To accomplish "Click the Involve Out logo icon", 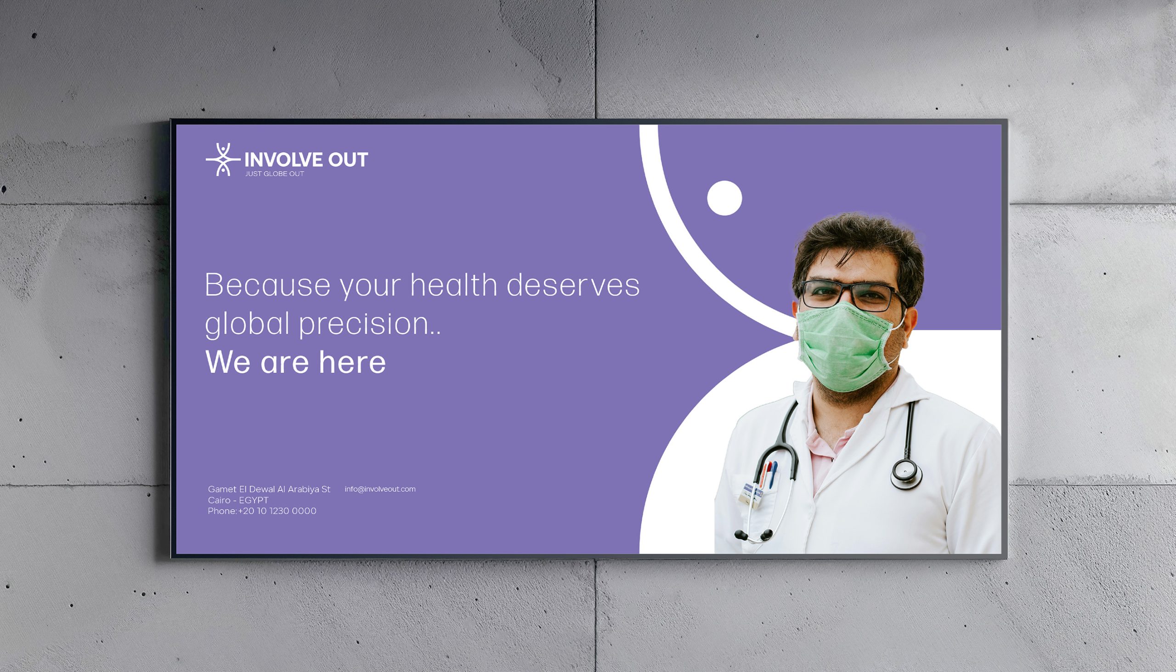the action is [x=223, y=160].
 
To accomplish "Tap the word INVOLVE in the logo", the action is [x=283, y=160].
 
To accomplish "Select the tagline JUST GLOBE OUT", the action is [x=275, y=174].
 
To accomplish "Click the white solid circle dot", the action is [x=724, y=198].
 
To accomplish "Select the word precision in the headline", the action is [x=365, y=323].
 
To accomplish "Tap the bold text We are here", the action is [x=295, y=362].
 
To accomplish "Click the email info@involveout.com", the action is [x=380, y=489].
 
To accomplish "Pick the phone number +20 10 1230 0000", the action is [x=277, y=511].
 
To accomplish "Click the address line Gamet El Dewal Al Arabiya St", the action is [x=269, y=489].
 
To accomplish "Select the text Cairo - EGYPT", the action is [x=238, y=500].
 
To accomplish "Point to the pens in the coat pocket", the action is [x=768, y=474].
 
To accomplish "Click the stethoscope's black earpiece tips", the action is [x=754, y=536].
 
